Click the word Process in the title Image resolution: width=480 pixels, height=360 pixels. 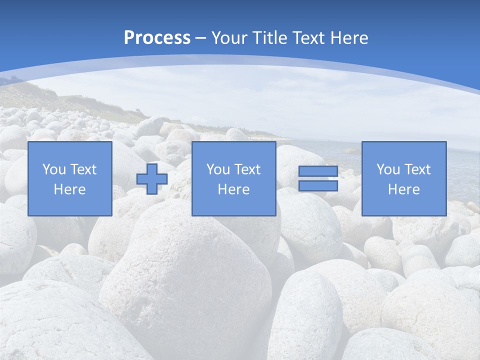(x=157, y=38)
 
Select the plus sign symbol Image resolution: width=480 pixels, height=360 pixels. (x=152, y=178)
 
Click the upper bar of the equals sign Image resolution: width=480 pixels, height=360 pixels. (x=318, y=171)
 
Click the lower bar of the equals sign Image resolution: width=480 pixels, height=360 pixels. (x=318, y=185)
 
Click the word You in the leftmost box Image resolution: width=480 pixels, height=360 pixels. (x=53, y=169)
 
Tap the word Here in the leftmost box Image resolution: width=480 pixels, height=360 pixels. (x=69, y=189)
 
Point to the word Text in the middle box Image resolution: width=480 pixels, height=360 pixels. (x=247, y=169)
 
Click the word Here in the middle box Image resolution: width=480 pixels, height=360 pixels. (x=233, y=189)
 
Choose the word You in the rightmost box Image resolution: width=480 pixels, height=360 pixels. (x=387, y=169)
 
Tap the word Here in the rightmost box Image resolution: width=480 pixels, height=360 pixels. (x=403, y=189)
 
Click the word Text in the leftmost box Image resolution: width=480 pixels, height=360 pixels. (x=83, y=169)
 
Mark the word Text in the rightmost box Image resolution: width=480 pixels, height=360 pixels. (x=417, y=169)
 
